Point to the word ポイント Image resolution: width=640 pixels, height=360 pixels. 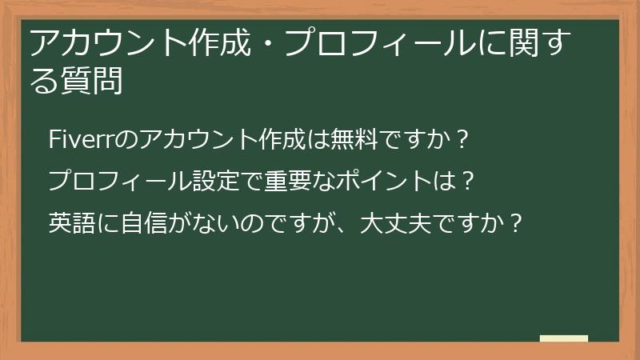385,180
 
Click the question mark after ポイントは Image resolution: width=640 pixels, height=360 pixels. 468,180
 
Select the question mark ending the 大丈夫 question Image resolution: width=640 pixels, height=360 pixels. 517,222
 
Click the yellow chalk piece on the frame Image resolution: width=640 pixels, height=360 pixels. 563,339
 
